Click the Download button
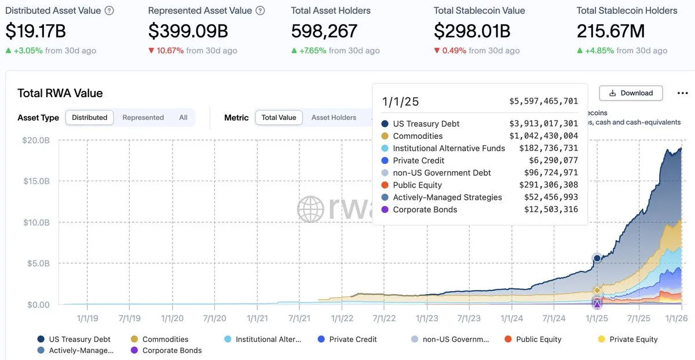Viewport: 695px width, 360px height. pyautogui.click(x=630, y=93)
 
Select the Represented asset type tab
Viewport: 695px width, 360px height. pyautogui.click(x=143, y=117)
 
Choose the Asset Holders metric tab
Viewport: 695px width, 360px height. pyautogui.click(x=334, y=117)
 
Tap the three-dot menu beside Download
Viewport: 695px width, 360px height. pyautogui.click(x=683, y=93)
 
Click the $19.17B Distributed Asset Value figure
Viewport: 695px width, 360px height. pyautogui.click(x=36, y=31)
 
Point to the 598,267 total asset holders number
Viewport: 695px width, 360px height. pyautogui.click(x=324, y=31)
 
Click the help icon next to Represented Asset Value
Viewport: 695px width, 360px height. pyautogui.click(x=260, y=11)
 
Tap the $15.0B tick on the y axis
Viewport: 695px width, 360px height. pyautogui.click(x=37, y=181)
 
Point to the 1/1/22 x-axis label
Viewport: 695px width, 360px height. pyautogui.click(x=342, y=318)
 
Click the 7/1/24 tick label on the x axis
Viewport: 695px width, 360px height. pyautogui.click(x=554, y=318)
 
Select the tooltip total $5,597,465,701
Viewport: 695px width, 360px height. pyautogui.click(x=543, y=101)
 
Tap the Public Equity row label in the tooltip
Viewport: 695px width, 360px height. pyautogui.click(x=417, y=185)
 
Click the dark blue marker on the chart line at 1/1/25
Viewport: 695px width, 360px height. pyautogui.click(x=597, y=258)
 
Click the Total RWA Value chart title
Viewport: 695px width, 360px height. pyautogui.click(x=60, y=93)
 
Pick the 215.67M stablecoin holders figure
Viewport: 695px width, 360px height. pyautogui.click(x=610, y=31)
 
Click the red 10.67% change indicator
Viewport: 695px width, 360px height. pyautogui.click(x=166, y=50)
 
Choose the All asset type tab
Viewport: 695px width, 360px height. pyautogui.click(x=183, y=117)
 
